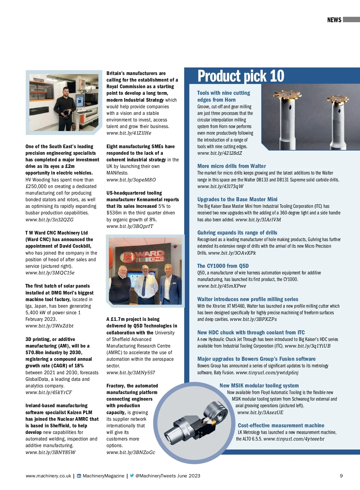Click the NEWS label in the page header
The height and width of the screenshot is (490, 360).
334,20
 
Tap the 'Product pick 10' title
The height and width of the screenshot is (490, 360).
241,76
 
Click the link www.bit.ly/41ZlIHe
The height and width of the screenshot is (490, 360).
129,133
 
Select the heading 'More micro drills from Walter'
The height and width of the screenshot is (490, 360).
231,166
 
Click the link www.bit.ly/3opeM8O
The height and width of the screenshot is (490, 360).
131,180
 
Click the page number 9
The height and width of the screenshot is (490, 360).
341,476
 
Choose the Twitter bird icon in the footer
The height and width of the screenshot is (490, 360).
132,476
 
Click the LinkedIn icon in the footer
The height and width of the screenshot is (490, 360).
79,476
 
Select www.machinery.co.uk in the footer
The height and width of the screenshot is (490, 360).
48,476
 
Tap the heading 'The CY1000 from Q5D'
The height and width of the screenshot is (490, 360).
223,266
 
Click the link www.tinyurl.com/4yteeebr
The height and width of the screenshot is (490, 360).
294,439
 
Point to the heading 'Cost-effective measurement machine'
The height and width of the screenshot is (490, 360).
281,426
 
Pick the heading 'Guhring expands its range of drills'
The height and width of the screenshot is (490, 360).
237,233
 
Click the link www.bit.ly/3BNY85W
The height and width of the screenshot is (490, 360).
50,453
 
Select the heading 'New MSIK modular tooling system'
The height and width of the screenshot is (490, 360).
259,386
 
